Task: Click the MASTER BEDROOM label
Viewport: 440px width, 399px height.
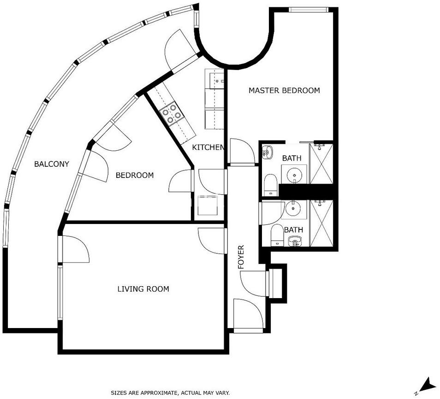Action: click(x=284, y=90)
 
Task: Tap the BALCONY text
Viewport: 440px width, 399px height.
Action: click(x=51, y=164)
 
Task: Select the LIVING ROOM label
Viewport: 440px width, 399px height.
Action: click(x=143, y=289)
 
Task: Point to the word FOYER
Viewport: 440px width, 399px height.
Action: click(x=241, y=257)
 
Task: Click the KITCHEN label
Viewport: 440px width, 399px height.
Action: click(x=208, y=147)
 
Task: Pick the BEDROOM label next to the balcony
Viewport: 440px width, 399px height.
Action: click(x=135, y=175)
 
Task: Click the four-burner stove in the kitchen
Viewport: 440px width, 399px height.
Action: click(x=172, y=113)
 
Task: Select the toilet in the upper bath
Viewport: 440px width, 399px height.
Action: click(x=271, y=185)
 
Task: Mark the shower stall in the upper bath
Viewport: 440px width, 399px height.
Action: click(x=321, y=164)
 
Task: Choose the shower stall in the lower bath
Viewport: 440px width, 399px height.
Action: click(x=321, y=223)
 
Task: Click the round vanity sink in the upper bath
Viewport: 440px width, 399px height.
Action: click(x=294, y=175)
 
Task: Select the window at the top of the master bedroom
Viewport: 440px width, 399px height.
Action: click(x=308, y=10)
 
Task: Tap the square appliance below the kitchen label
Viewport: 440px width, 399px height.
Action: click(x=208, y=205)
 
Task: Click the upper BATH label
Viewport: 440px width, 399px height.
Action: click(x=292, y=158)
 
